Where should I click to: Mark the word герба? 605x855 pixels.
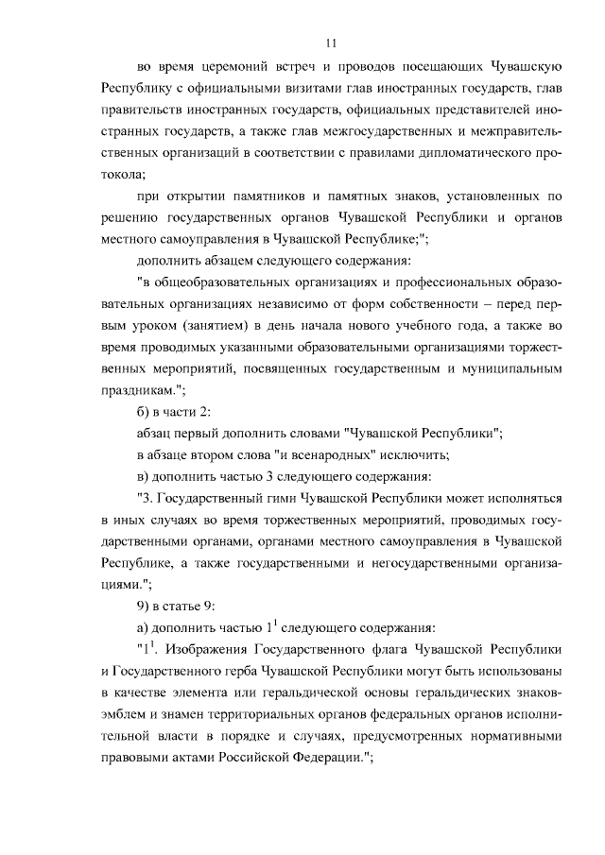(x=268, y=672)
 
